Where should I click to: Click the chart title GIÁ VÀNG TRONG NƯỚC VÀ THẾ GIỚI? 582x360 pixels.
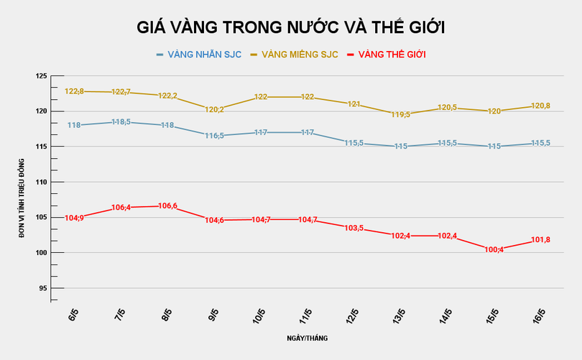pyautogui.click(x=291, y=28)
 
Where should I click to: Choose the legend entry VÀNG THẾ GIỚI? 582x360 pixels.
pyautogui.click(x=392, y=55)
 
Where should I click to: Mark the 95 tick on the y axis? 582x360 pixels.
pyautogui.click(x=42, y=288)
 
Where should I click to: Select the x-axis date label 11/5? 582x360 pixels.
pyautogui.click(x=305, y=315)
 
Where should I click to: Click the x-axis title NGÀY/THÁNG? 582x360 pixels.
pyautogui.click(x=308, y=336)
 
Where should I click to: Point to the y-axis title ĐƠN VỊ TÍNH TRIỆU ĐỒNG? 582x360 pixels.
pyautogui.click(x=22, y=198)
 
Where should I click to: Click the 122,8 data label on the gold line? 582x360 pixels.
pyautogui.click(x=75, y=91)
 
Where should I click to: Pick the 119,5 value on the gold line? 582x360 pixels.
pyautogui.click(x=399, y=114)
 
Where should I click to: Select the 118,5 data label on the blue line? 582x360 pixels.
pyautogui.click(x=120, y=122)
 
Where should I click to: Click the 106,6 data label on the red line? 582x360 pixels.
pyautogui.click(x=167, y=206)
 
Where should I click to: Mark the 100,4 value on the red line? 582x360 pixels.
pyautogui.click(x=494, y=249)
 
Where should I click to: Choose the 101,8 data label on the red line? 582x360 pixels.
pyautogui.click(x=540, y=240)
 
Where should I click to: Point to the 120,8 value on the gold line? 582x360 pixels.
pyautogui.click(x=540, y=106)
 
